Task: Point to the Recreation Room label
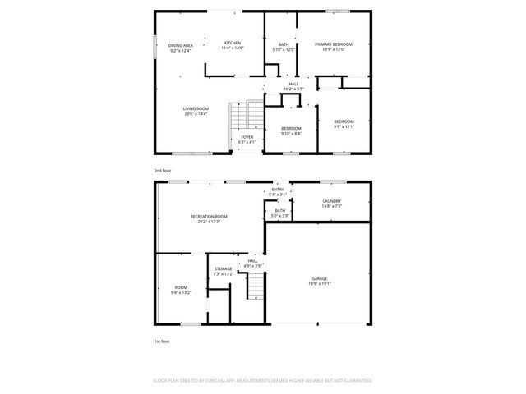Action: [x=209, y=218]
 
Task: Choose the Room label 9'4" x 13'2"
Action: [x=181, y=289]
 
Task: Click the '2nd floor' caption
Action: [x=162, y=170]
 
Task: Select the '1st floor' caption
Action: [x=162, y=340]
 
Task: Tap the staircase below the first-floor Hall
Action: [x=256, y=286]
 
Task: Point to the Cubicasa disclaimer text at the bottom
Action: [x=263, y=380]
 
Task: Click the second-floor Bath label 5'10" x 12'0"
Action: [x=284, y=47]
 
